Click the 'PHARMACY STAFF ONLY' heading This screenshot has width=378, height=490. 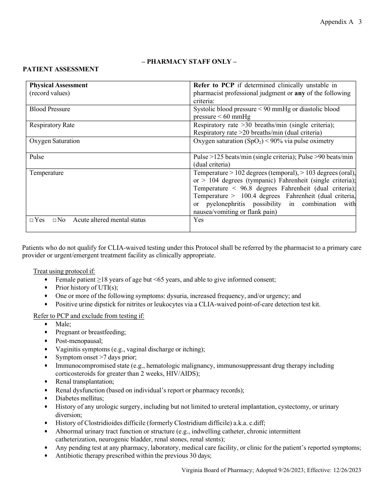coord(189,61)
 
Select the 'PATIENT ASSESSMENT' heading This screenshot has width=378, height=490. coord(60,69)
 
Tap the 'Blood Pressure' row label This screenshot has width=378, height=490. coord(50,109)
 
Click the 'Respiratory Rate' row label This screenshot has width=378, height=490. coord(52,125)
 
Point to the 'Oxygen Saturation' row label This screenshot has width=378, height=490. coord(55,141)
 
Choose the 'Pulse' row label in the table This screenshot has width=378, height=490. coord(37,157)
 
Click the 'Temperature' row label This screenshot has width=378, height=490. coord(46,173)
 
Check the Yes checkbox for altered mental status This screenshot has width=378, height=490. coord(32,220)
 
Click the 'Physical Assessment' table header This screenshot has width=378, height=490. coord(58,85)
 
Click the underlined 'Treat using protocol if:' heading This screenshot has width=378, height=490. coord(64,271)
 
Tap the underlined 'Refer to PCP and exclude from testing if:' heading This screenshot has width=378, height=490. coord(89,316)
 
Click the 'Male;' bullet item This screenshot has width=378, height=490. coord(63,324)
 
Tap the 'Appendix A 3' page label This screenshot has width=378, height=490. coord(341,22)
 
